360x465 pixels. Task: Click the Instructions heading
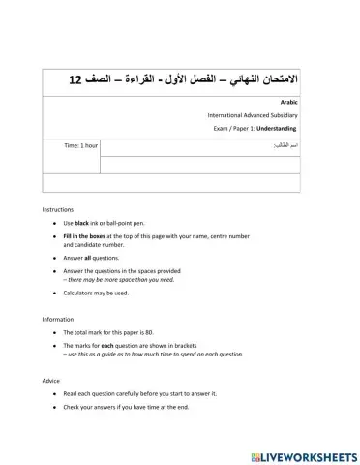pos(57,210)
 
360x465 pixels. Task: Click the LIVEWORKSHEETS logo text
pos(310,455)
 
